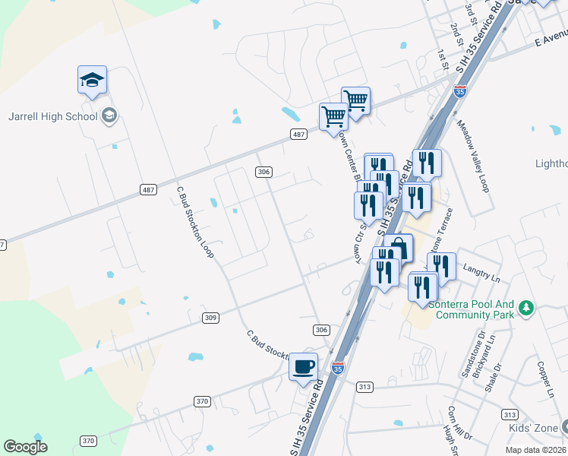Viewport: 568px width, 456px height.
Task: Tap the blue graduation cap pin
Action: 92,80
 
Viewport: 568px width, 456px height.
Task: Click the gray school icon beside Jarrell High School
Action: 109,116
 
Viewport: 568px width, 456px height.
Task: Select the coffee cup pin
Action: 304,367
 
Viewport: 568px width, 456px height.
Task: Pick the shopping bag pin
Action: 398,248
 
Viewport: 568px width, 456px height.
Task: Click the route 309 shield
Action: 211,318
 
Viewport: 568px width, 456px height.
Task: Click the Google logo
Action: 26,447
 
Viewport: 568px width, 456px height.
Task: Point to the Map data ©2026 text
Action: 535,450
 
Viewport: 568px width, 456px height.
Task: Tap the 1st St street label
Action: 443,59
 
